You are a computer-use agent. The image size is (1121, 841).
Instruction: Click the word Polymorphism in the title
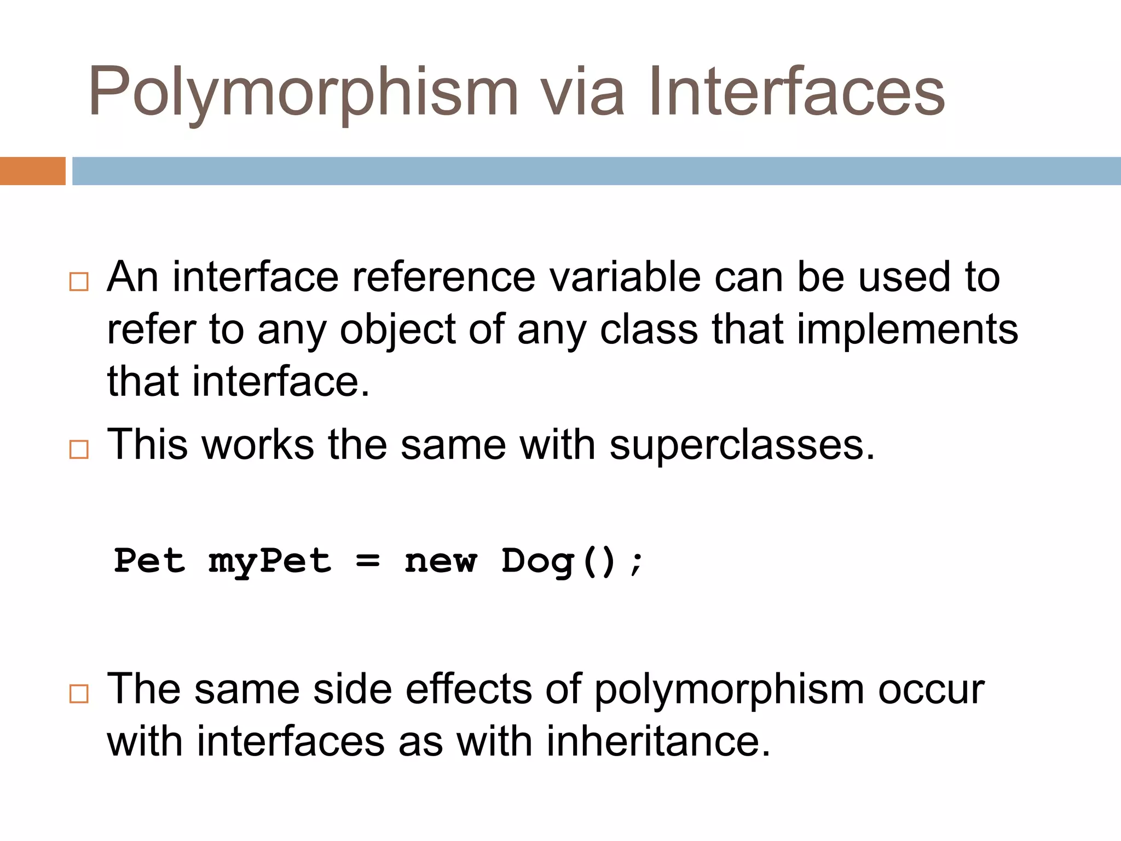[x=303, y=93]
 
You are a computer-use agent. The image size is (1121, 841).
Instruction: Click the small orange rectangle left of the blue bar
[x=32, y=171]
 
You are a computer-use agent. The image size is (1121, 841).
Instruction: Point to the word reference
[x=443, y=277]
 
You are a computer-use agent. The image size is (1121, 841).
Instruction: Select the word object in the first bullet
[x=398, y=331]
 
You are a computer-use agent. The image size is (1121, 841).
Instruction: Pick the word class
[x=649, y=330]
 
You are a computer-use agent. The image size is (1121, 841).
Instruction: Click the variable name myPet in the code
[x=270, y=562]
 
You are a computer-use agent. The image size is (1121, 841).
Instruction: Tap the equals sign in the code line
[x=368, y=561]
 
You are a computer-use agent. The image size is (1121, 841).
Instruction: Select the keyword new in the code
[x=441, y=562]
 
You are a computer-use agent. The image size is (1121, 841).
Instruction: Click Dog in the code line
[x=538, y=562]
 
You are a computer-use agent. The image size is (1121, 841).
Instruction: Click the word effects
[x=469, y=689]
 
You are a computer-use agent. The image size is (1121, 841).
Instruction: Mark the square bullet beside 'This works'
[x=79, y=449]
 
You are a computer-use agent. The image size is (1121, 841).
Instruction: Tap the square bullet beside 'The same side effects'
[x=79, y=693]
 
